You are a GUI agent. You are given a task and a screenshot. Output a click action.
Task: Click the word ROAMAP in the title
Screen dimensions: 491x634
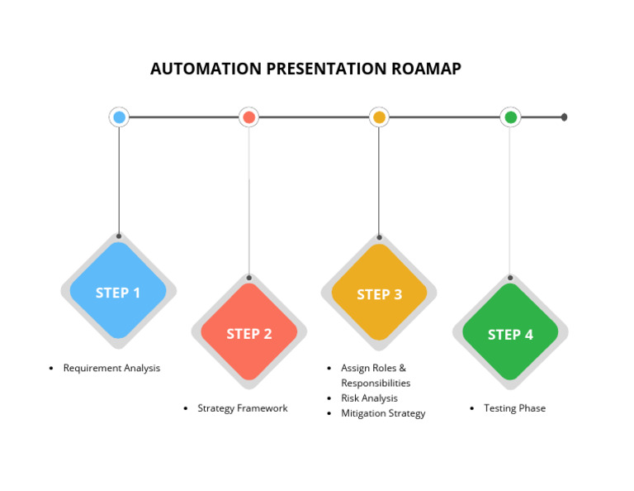(x=427, y=69)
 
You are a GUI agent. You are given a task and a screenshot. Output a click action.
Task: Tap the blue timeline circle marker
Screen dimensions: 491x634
(x=119, y=117)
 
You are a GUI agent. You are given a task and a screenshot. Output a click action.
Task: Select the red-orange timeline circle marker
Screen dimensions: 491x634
(x=248, y=117)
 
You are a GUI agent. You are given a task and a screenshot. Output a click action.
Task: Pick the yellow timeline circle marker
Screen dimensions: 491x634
(x=379, y=117)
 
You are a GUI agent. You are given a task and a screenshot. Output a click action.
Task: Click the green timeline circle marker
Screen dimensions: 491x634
(x=510, y=117)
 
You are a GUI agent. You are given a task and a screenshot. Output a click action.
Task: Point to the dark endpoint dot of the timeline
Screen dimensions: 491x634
(x=564, y=117)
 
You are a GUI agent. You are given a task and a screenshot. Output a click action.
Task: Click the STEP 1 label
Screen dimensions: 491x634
(x=118, y=293)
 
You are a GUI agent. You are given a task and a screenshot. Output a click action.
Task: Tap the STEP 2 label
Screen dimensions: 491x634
(x=248, y=334)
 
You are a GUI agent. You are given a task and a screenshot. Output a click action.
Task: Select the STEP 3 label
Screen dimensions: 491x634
(x=379, y=294)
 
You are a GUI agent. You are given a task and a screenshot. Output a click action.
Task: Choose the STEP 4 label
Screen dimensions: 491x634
(x=510, y=335)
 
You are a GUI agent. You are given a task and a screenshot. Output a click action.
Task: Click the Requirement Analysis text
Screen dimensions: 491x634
(x=111, y=368)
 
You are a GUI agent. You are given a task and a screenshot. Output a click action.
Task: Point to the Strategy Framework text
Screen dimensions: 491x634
(x=242, y=408)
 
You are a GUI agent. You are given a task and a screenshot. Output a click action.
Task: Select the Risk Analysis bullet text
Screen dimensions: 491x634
(x=369, y=398)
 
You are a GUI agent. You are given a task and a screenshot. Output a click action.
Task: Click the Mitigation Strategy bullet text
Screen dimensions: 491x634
(x=383, y=413)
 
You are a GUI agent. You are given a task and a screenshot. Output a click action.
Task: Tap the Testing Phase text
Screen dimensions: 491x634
(x=514, y=408)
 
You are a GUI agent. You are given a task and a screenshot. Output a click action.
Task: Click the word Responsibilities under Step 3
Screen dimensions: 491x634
(x=376, y=384)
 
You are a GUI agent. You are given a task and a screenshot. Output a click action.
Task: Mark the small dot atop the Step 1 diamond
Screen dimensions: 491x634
(x=119, y=236)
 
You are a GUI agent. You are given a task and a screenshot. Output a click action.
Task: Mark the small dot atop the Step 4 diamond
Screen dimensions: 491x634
(x=510, y=278)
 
